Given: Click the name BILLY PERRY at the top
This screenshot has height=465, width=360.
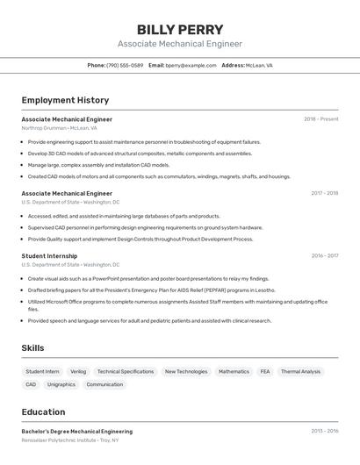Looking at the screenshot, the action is coord(180,30).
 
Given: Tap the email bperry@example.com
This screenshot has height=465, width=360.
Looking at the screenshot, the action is coord(191,65).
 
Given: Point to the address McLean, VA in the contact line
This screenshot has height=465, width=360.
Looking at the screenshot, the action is coord(259,65).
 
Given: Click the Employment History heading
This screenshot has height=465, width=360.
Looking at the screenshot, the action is coord(65,100).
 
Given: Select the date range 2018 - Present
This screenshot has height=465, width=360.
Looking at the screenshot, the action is coord(320,118).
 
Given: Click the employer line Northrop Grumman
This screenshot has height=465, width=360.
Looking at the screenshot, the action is coord(59,127).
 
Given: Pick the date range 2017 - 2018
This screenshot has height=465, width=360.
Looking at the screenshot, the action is coord(324,193).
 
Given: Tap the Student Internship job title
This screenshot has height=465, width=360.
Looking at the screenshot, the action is coord(49,255).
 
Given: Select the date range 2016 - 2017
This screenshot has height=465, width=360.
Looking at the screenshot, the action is coord(324,255).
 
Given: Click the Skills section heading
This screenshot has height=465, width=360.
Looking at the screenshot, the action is coord(32,348).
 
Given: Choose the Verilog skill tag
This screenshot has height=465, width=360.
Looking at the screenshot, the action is coord(78,371).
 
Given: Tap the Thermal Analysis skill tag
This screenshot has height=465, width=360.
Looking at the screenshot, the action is coord(300,371).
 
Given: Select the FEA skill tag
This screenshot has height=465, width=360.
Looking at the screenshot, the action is coord(265,371).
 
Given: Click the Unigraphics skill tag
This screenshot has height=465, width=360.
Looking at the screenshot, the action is coord(61,384).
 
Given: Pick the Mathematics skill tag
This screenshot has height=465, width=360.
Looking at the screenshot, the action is coord(234,371).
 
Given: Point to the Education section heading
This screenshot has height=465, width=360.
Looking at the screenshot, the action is coord(43,411).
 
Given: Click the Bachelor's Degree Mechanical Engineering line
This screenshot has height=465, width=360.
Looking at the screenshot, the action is coord(77,431).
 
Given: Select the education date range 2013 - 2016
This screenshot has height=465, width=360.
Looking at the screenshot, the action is coord(324,431).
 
